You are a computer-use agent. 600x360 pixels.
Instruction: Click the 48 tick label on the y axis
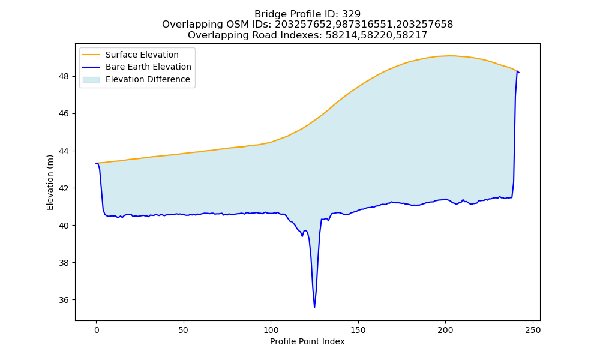[64, 77]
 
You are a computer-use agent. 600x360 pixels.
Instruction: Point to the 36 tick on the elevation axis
[64, 301]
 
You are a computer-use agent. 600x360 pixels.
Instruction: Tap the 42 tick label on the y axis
[64, 188]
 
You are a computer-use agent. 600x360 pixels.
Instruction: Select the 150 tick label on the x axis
[358, 330]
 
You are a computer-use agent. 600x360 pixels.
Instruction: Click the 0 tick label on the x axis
[97, 330]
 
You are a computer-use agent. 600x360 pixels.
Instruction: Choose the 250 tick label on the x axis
[533, 330]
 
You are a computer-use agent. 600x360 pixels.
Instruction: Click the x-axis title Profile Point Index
[307, 341]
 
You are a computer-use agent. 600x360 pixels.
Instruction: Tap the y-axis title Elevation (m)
[50, 182]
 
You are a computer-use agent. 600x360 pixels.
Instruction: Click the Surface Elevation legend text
[142, 55]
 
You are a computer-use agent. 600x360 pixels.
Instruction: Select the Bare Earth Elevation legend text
[148, 67]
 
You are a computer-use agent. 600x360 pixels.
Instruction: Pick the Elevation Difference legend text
[148, 79]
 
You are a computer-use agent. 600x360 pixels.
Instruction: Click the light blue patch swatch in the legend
[91, 79]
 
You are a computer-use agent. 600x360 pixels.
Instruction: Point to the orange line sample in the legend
[91, 55]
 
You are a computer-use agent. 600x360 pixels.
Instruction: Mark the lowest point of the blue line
[314, 308]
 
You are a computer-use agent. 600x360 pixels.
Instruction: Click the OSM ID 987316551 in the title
[364, 25]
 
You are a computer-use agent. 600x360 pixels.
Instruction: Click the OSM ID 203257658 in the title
[424, 25]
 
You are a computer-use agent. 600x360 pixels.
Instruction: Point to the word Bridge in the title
[268, 14]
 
